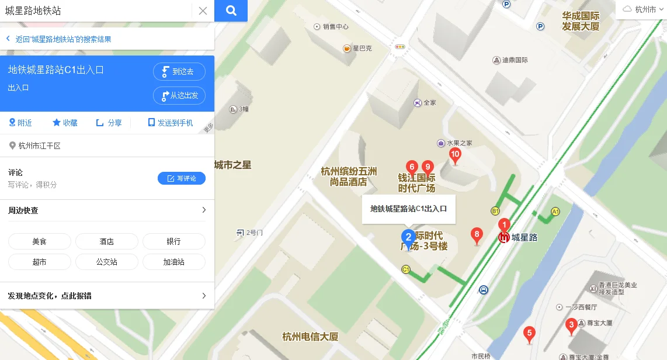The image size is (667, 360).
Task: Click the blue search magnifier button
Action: tap(231, 11)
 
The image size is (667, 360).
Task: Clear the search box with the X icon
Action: tap(203, 11)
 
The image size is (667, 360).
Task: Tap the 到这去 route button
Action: tap(179, 72)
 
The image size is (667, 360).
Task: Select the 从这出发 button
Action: tap(179, 95)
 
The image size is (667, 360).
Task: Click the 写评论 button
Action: tap(182, 178)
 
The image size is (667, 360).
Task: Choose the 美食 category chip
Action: tap(40, 241)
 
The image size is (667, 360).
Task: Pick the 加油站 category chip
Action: tap(173, 262)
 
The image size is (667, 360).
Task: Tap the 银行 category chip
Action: tap(173, 241)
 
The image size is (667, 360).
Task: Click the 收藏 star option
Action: tap(65, 123)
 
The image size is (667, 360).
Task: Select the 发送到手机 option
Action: tap(171, 123)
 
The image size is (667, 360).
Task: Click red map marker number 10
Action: tap(455, 155)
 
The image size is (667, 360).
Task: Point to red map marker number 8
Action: tap(477, 236)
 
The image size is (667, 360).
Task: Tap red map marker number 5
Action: tap(529, 334)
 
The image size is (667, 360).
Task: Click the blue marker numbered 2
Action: tap(408, 237)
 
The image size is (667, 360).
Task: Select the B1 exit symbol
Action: tap(495, 211)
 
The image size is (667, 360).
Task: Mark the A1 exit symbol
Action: tap(555, 212)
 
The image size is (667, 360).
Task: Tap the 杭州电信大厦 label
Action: tap(310, 337)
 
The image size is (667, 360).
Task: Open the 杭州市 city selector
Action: tap(641, 9)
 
